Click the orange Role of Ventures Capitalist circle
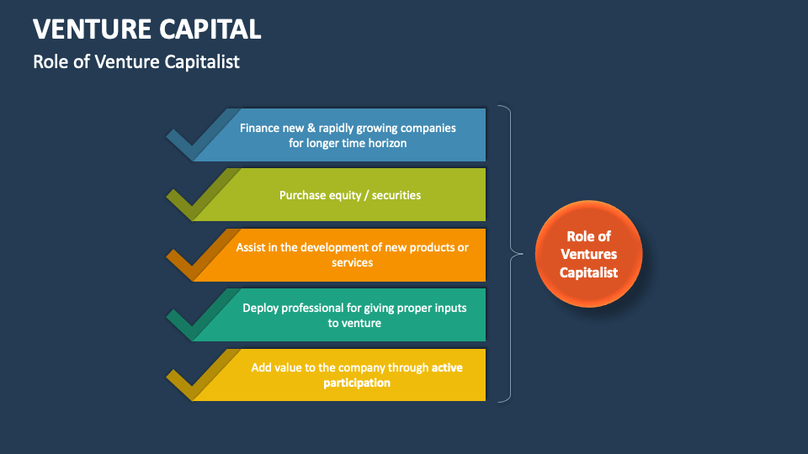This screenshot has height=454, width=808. tap(589, 254)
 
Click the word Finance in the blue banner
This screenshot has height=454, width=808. tap(259, 129)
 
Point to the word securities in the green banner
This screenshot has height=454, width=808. tap(396, 195)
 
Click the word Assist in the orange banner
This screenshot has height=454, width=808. tap(250, 248)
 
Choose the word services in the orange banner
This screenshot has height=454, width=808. tap(352, 262)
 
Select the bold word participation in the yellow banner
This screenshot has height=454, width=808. tap(357, 383)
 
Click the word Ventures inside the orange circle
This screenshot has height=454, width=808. tap(589, 254)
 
